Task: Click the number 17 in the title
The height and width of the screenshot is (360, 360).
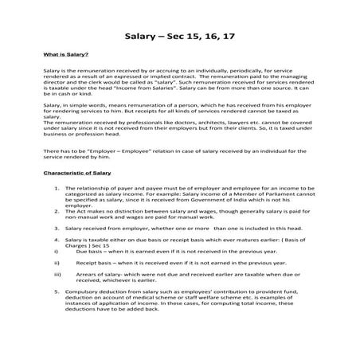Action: tap(226, 37)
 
